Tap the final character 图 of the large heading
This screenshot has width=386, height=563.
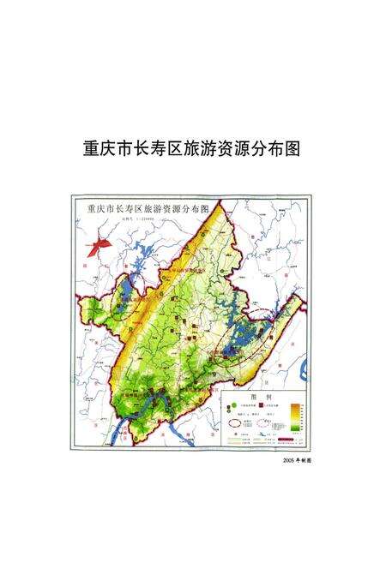292,147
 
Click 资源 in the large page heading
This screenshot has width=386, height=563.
239,147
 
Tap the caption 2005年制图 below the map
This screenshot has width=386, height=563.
295,460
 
